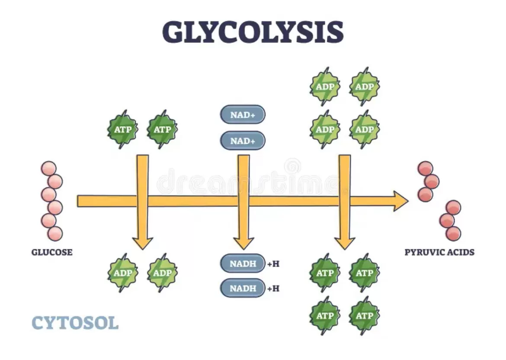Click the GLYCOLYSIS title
(253, 32)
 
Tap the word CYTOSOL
(75, 323)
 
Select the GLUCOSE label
(52, 252)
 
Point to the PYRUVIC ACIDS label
(439, 252)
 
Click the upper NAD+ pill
(243, 115)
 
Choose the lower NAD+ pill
(243, 141)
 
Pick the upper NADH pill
(243, 263)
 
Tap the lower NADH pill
(243, 288)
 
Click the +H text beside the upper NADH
(273, 263)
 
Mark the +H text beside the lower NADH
(273, 288)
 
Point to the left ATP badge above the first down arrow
(122, 129)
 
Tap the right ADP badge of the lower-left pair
(162, 273)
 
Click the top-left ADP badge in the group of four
(325, 87)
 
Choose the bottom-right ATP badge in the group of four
(364, 315)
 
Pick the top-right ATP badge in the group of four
(364, 273)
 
